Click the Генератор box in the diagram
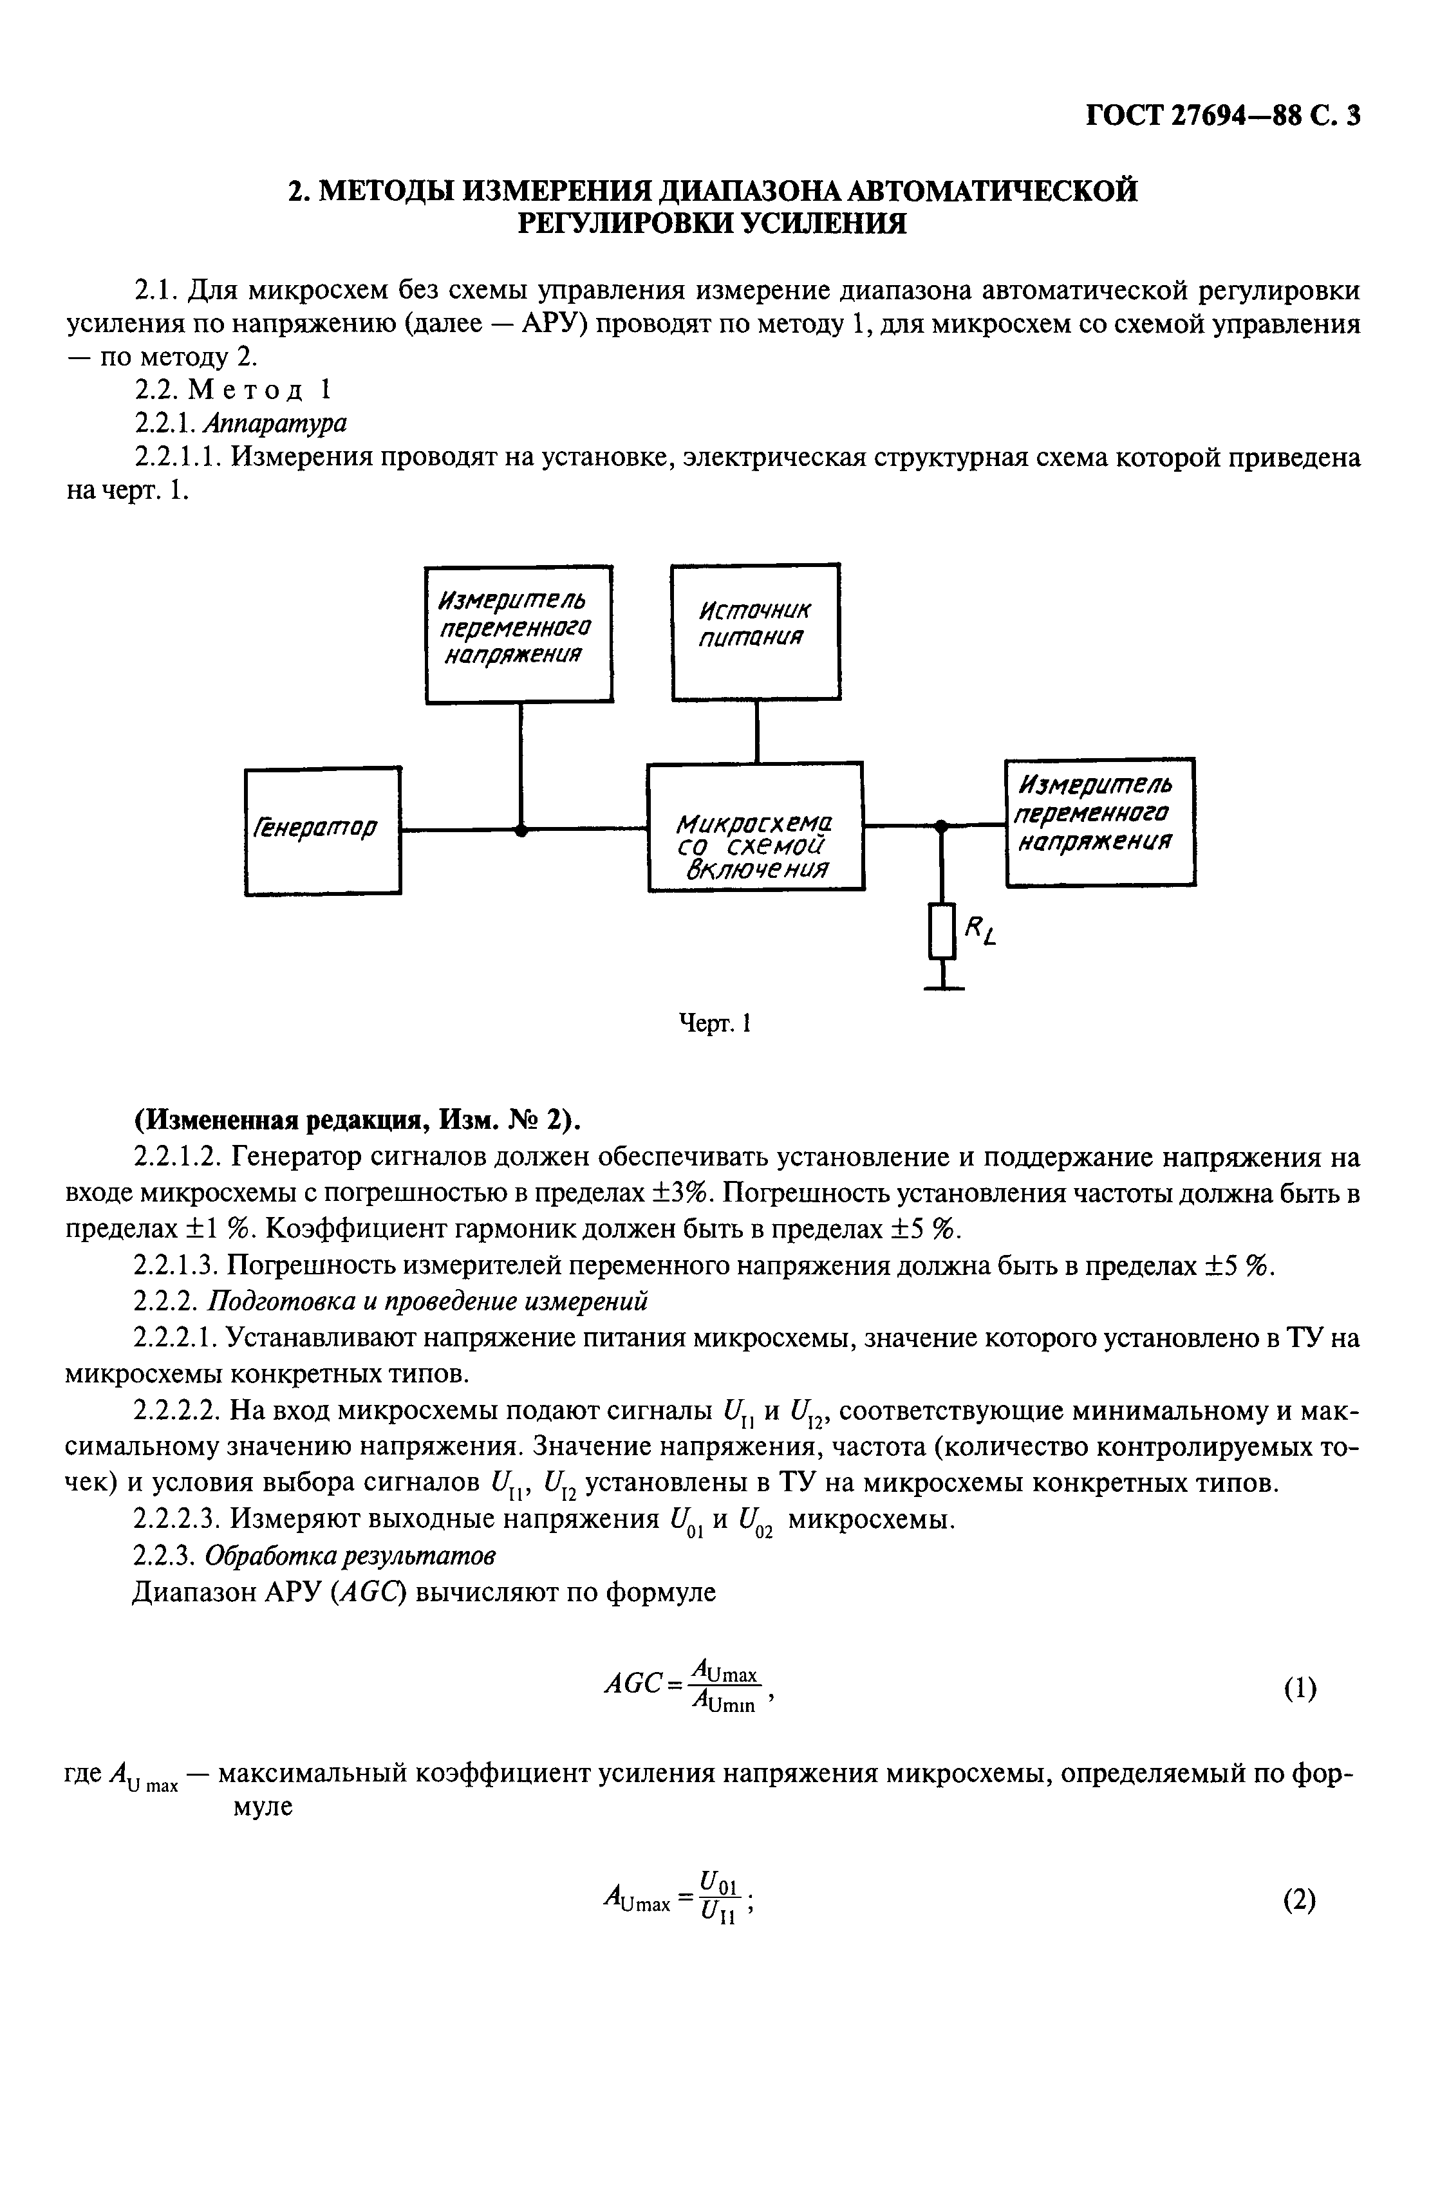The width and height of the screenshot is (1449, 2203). coord(323,830)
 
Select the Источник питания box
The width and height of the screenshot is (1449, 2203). coord(756,631)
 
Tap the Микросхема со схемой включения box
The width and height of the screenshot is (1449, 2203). coord(756,826)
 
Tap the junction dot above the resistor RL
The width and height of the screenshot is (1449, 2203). coord(942,824)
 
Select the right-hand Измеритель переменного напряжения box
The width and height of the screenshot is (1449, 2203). coord(1100,822)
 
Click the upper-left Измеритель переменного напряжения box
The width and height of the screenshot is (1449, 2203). coord(518,633)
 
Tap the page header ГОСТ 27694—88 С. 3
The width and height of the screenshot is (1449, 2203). coord(1222,116)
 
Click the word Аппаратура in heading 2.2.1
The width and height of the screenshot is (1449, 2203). coord(274,423)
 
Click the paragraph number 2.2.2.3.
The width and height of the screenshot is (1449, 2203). coord(178,1519)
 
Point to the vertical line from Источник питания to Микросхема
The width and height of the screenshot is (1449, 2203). coord(758,731)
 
